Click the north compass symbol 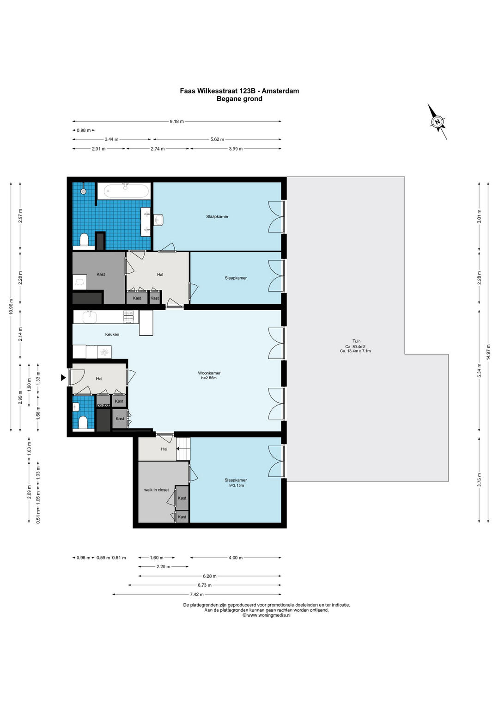(437, 122)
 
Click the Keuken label (112, 334)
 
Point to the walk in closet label (157, 490)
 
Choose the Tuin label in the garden (357, 341)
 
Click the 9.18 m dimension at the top (176, 121)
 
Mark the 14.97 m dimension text (488, 351)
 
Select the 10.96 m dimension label (11, 307)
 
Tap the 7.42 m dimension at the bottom (196, 595)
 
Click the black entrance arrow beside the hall (63, 378)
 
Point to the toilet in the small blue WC (83, 422)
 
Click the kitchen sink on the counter (90, 317)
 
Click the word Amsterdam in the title (280, 91)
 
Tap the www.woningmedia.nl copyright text (267, 615)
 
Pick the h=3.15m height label (236, 485)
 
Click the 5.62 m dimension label (217, 139)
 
